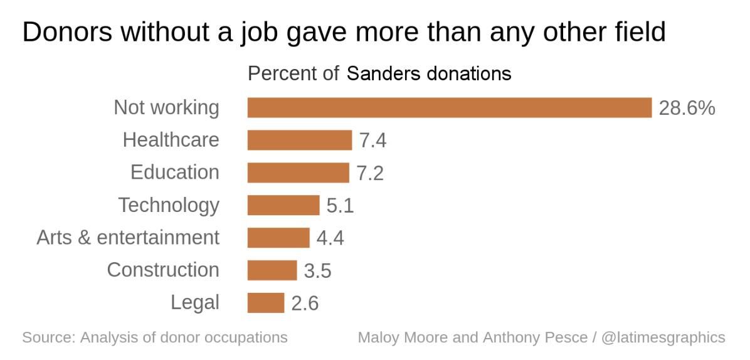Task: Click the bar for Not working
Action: (449, 107)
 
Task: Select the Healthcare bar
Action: (299, 140)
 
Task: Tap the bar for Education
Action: (298, 172)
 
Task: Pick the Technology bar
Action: (283, 205)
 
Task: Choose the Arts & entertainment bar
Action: (278, 238)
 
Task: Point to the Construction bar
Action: (272, 270)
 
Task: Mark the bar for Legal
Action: (265, 303)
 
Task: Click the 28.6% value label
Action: (687, 108)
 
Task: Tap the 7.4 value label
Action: (372, 140)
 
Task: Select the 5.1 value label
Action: (340, 206)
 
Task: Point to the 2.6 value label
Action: (305, 304)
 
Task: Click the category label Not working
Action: (166, 107)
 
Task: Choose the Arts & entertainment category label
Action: (128, 238)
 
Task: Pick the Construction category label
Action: (163, 270)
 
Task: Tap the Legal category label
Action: (195, 303)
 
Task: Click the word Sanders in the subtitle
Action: (384, 73)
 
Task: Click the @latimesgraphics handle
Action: (663, 337)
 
